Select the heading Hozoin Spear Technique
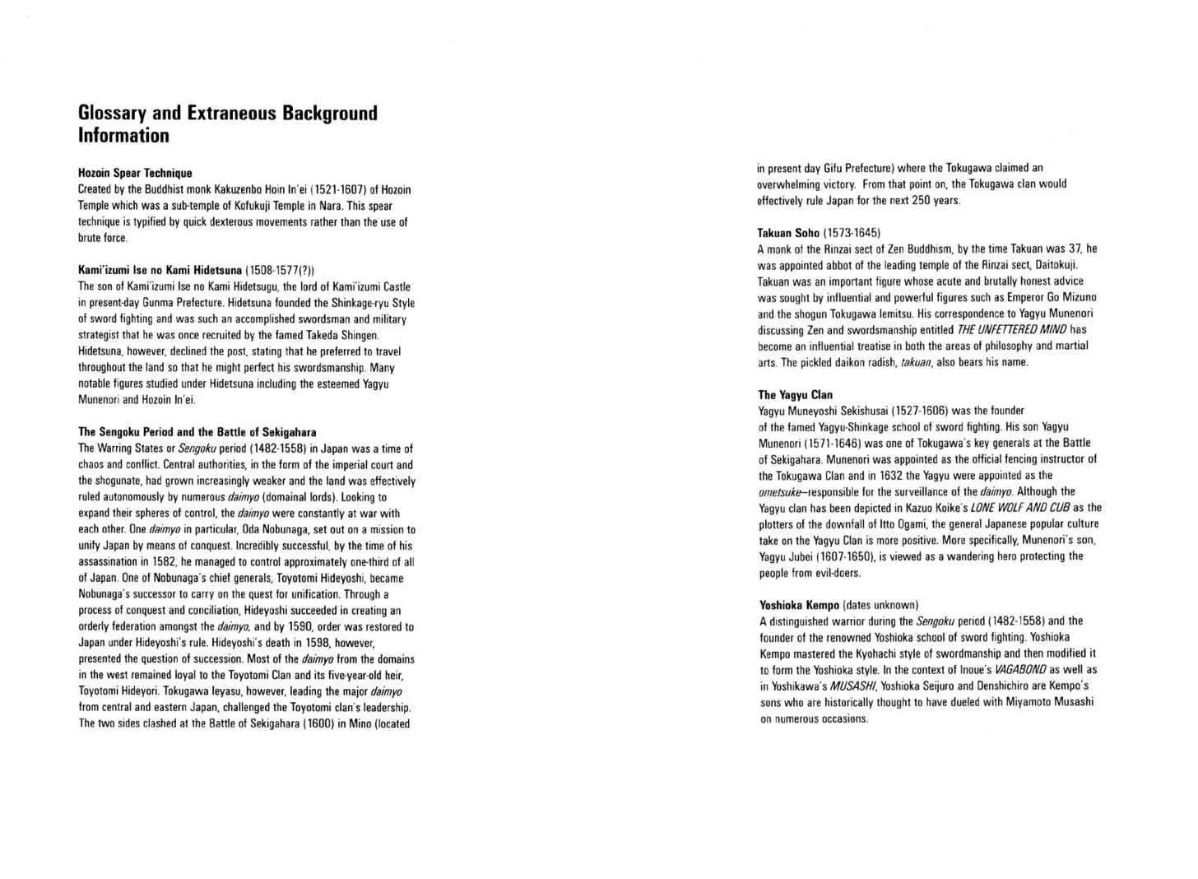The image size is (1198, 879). [135, 173]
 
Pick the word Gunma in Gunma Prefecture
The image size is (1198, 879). [158, 303]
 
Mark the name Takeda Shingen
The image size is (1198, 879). [343, 335]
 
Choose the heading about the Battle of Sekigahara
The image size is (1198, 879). [197, 432]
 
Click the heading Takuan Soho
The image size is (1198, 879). [788, 233]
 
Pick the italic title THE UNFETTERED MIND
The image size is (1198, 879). [1011, 330]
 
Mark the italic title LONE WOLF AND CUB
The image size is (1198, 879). [1020, 508]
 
